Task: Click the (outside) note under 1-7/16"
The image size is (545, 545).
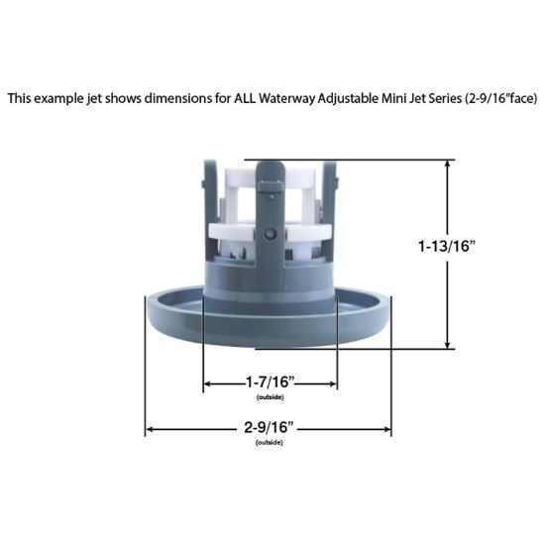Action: (x=269, y=396)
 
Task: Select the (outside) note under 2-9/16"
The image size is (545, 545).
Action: (x=269, y=442)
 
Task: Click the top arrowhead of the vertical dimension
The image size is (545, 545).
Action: (x=449, y=164)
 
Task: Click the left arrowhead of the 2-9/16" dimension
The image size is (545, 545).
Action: (x=152, y=430)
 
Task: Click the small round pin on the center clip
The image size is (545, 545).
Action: (x=271, y=234)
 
